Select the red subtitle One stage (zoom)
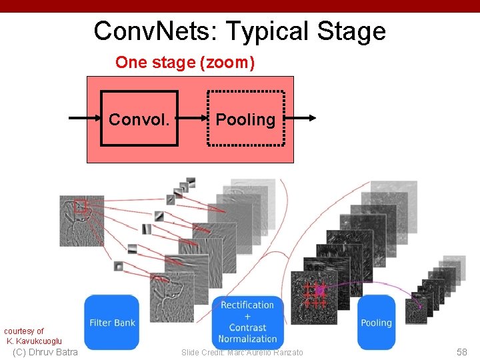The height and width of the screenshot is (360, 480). pyautogui.click(x=185, y=63)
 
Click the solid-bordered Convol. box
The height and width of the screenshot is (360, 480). pyautogui.click(x=139, y=119)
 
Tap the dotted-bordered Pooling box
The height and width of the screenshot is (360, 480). pyautogui.click(x=245, y=119)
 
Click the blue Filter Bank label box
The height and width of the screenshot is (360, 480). pyautogui.click(x=112, y=323)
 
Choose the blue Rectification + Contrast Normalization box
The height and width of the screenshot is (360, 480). pyautogui.click(x=247, y=322)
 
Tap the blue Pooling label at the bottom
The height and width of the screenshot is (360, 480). pyautogui.click(x=376, y=323)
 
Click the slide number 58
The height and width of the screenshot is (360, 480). pyautogui.click(x=461, y=352)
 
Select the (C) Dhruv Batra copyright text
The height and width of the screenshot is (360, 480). pyautogui.click(x=45, y=352)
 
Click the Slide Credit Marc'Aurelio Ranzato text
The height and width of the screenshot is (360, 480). pyautogui.click(x=242, y=352)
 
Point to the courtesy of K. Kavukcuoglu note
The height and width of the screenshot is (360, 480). pyautogui.click(x=33, y=336)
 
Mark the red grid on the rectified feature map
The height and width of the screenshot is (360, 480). pyautogui.click(x=315, y=294)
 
